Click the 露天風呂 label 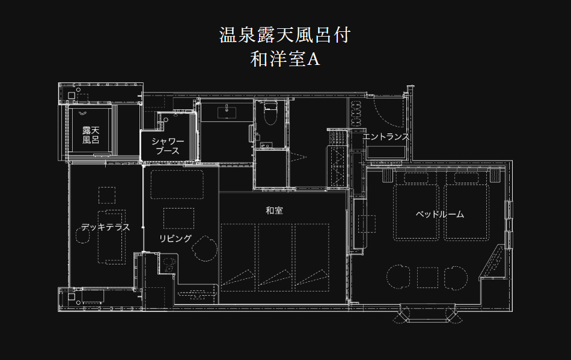pos(91,135)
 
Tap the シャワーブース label pos(168,146)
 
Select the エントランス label pos(386,136)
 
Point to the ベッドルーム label pos(440,214)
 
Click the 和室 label pos(274,210)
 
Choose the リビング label pos(176,238)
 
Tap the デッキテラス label pos(105,227)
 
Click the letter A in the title pos(313,59)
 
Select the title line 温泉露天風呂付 pos(285,35)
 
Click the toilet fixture pos(269,114)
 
